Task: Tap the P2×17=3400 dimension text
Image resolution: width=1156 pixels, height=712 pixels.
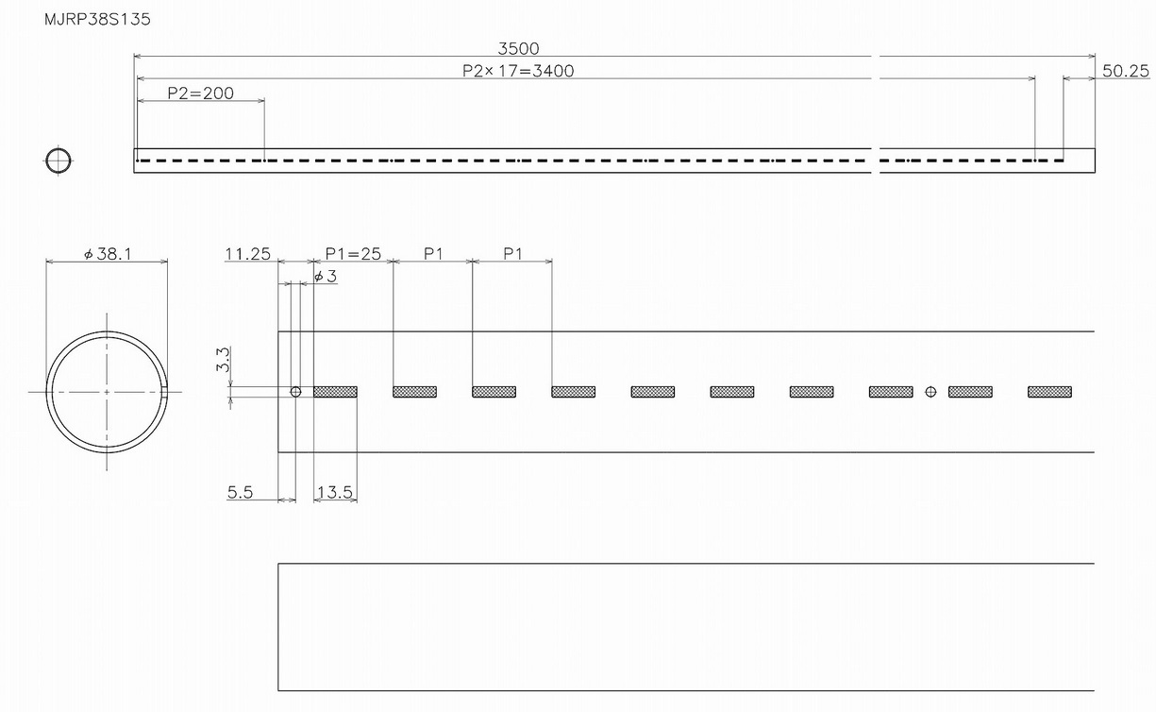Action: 518,70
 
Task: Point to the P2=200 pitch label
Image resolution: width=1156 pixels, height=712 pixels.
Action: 200,93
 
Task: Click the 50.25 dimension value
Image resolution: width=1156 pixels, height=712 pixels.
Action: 1125,71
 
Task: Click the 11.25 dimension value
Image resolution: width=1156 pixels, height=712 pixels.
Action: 247,254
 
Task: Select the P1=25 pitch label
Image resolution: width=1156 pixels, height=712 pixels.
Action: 352,254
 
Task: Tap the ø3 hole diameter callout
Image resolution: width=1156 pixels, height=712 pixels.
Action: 325,276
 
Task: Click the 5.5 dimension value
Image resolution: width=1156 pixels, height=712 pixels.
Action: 241,493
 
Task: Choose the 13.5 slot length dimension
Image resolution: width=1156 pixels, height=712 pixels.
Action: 335,493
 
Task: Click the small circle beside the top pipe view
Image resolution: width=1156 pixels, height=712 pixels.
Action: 58,161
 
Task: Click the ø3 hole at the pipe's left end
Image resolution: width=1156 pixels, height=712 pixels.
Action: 295,392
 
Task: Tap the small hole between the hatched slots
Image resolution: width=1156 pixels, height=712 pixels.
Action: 930,392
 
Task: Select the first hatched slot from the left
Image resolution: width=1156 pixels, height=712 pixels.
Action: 335,392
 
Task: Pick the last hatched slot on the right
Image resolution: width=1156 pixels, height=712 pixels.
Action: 1049,392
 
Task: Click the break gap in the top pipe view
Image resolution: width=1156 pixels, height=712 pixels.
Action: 875,161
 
